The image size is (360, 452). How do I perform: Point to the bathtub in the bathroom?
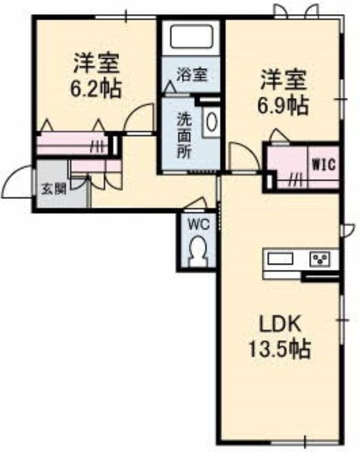tap(192, 37)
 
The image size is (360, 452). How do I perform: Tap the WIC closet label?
tap(324, 165)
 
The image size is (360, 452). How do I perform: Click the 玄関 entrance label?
tap(54, 189)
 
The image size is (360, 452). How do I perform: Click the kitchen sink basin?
tap(280, 258)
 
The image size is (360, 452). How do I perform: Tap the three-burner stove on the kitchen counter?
tap(320, 259)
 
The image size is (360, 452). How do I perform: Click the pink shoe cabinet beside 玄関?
tap(96, 166)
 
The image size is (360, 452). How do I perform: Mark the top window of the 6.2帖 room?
tap(126, 17)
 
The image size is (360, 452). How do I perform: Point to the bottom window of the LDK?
tap(305, 441)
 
